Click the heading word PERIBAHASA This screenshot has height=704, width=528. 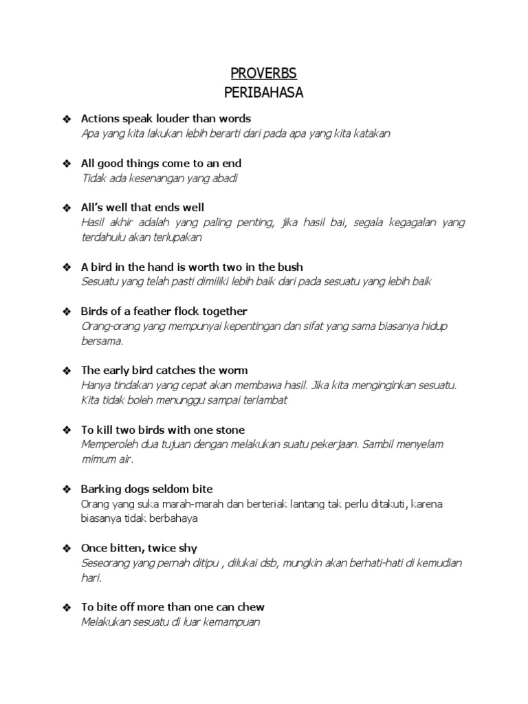click(x=264, y=93)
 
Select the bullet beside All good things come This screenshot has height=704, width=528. click(x=67, y=164)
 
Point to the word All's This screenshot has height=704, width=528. click(x=94, y=207)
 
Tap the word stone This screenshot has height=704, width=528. click(x=230, y=430)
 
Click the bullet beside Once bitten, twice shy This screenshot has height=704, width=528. click(x=67, y=549)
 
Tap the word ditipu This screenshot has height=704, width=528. click(x=203, y=563)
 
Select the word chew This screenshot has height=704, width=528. click(x=252, y=607)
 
